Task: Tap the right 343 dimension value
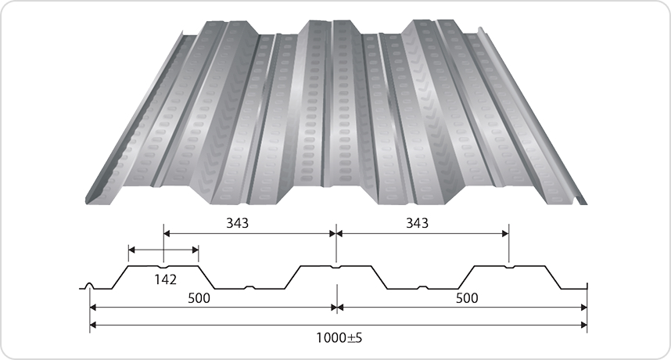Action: [417, 222]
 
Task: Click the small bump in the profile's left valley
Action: [249, 286]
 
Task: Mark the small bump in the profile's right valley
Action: [422, 286]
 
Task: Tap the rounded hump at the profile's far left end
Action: [90, 286]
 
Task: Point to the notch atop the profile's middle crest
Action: [336, 266]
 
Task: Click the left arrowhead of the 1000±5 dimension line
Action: [93, 324]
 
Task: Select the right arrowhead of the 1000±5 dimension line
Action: [583, 324]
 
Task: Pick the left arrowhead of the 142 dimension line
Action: [131, 250]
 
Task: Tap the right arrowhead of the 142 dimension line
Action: [196, 250]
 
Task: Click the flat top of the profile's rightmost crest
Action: [508, 267]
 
